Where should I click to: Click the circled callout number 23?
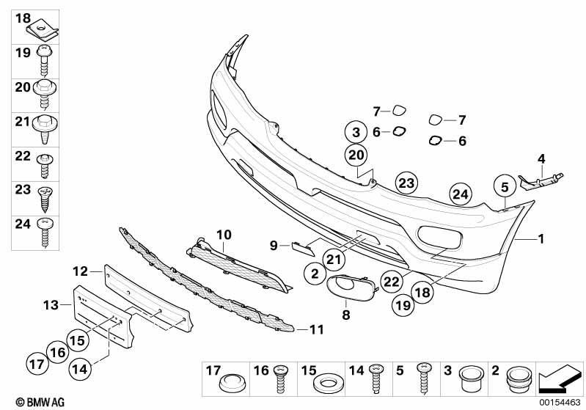point(406,183)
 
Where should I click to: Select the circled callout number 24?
point(461,194)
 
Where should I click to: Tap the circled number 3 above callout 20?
point(356,132)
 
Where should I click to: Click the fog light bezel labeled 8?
point(353,288)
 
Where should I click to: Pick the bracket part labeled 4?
point(540,181)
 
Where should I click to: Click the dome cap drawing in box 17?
point(232,383)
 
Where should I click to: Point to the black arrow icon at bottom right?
point(560,379)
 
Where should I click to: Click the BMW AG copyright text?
point(40,402)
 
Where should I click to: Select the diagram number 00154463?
point(560,403)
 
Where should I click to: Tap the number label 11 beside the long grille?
point(317,329)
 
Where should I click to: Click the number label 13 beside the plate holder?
point(51,305)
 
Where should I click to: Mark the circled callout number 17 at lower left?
point(37,364)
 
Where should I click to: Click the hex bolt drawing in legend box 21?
point(45,129)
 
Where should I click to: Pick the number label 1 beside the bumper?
point(541,238)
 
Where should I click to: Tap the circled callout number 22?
point(392,281)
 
